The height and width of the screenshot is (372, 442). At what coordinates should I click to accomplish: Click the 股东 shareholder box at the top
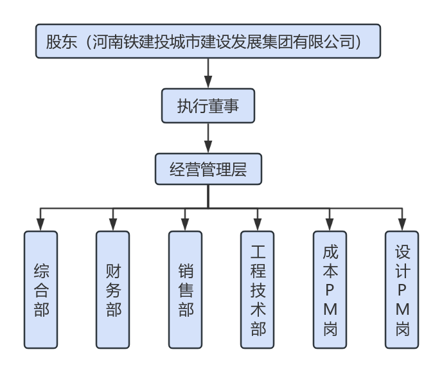[x=208, y=42]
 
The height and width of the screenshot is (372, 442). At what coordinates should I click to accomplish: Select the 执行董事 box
[x=208, y=105]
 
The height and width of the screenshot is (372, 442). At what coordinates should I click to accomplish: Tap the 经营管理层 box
[x=208, y=170]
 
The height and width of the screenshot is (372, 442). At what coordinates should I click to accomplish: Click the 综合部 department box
[x=41, y=289]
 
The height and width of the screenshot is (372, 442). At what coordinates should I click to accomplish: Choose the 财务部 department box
[x=113, y=289]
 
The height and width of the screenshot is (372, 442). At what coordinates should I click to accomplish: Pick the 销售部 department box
[x=186, y=289]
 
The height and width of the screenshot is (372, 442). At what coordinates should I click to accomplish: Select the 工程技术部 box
[x=258, y=289]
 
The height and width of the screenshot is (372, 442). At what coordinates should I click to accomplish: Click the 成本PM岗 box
[x=330, y=289]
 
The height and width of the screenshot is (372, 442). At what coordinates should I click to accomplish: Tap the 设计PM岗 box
[x=402, y=289]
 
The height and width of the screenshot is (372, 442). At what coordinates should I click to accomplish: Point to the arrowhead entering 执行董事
[x=208, y=82]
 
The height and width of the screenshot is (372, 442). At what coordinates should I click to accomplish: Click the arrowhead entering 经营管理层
[x=208, y=146]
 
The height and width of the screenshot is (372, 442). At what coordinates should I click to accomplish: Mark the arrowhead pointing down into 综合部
[x=41, y=224]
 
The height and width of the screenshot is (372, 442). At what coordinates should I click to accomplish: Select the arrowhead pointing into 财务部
[x=113, y=224]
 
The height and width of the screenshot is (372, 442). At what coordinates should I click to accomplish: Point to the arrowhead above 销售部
[x=186, y=224]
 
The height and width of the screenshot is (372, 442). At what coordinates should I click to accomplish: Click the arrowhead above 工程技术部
[x=258, y=224]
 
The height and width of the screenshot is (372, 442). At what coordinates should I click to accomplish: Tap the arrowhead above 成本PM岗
[x=330, y=224]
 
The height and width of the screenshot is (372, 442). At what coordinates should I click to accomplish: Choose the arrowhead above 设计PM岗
[x=402, y=224]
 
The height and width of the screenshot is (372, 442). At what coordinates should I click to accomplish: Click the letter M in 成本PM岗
[x=330, y=310]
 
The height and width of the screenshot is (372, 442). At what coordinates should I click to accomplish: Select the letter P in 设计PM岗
[x=402, y=289]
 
